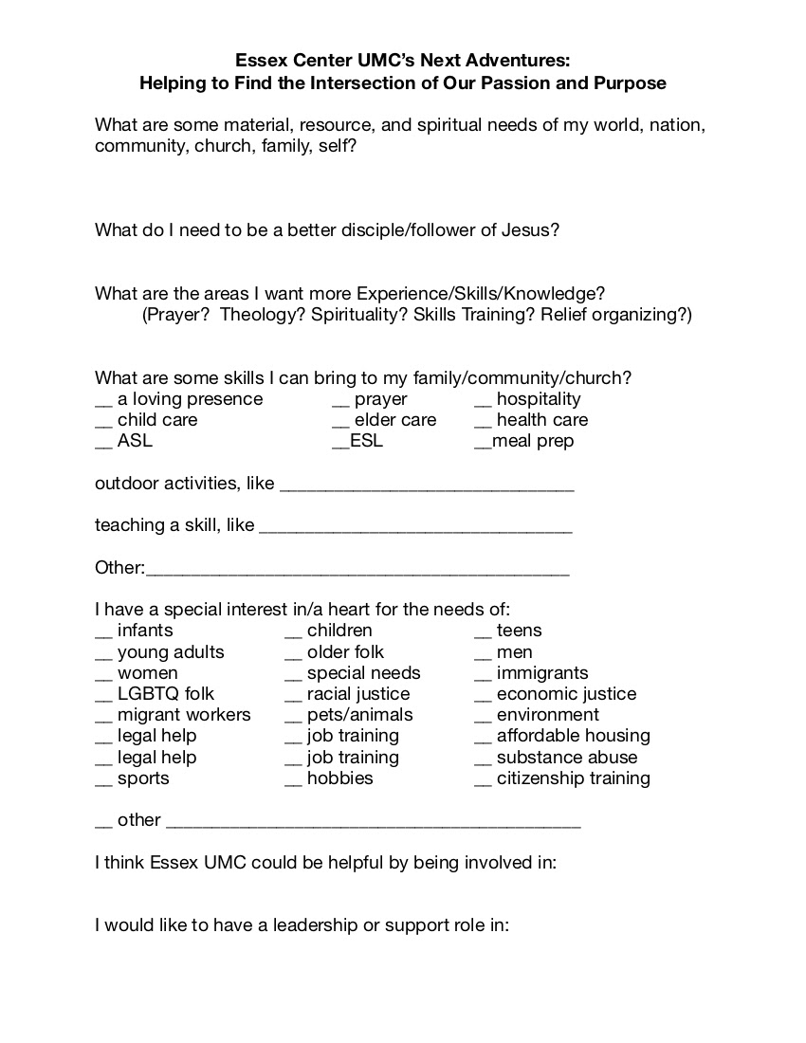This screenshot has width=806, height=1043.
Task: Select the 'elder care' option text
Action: click(x=395, y=420)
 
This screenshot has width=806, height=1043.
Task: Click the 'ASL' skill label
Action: click(x=135, y=441)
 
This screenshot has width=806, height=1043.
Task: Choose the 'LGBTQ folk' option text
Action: click(x=166, y=694)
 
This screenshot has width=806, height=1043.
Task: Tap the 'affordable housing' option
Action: click(x=574, y=736)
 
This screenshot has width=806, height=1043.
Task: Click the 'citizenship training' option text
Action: click(x=574, y=778)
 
